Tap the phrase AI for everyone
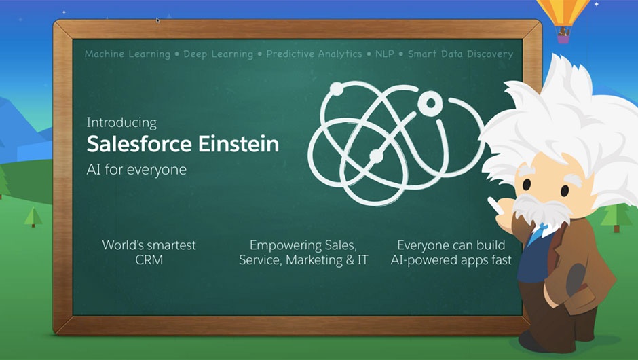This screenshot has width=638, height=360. point(136,169)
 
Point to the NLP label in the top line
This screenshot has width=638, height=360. point(385,54)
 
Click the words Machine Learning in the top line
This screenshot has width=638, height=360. point(128,54)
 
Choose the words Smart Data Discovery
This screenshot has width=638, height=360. point(460,54)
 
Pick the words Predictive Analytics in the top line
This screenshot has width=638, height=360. point(314,54)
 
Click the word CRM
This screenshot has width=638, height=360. point(149,260)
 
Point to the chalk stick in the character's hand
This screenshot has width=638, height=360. point(493,205)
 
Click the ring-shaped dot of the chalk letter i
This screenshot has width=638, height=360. point(430,102)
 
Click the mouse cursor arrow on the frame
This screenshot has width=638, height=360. point(158,20)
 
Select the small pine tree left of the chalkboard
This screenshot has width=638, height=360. point(33,217)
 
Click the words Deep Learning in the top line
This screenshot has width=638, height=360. point(218,54)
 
